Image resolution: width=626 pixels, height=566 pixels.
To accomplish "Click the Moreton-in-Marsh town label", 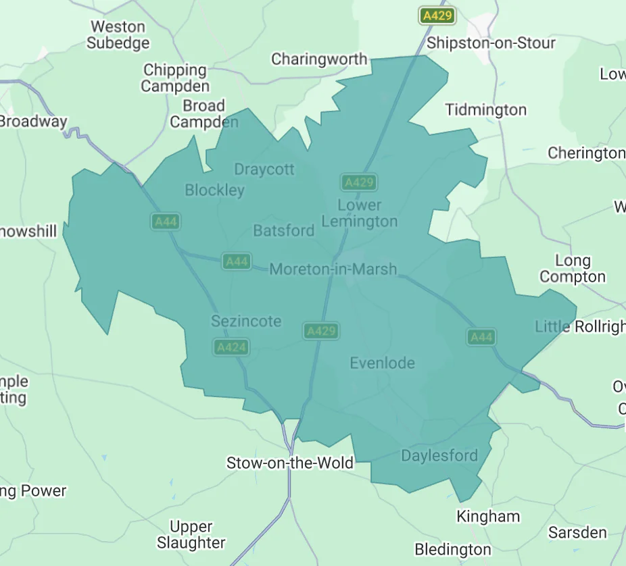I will [x=333, y=269].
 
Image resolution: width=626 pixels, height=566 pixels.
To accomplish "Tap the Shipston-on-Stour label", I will [x=491, y=43].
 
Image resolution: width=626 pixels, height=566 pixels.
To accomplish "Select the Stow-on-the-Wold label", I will [x=290, y=463].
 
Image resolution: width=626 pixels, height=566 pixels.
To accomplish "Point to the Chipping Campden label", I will [x=175, y=78].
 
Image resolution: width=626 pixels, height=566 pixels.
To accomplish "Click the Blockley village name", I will [x=214, y=190].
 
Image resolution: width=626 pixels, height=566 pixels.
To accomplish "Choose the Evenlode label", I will [x=382, y=363].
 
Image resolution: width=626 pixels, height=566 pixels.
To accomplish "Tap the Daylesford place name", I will [x=439, y=455].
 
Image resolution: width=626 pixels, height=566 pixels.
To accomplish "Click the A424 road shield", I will [x=231, y=348].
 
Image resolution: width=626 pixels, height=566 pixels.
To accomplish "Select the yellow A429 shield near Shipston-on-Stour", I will [x=437, y=16].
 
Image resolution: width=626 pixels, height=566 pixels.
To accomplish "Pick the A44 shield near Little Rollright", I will [x=481, y=337].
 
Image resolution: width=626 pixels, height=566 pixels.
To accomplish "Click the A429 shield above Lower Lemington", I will [x=358, y=182].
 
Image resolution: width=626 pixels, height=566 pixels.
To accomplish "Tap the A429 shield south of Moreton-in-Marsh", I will [x=321, y=331].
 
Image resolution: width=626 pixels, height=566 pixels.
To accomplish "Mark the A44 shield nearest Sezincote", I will [x=237, y=261].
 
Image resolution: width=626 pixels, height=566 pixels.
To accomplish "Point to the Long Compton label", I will [x=573, y=269].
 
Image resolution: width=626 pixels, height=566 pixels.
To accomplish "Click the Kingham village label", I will [x=488, y=517].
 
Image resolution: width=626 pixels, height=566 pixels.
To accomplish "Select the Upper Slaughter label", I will [x=191, y=534].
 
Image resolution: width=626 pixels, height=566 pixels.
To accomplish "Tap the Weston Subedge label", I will [x=118, y=35].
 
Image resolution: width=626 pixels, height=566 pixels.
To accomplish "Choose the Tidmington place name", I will [x=486, y=110].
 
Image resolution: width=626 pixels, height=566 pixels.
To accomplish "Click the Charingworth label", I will [x=319, y=59].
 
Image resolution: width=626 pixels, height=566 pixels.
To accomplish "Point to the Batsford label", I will [x=284, y=231].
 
